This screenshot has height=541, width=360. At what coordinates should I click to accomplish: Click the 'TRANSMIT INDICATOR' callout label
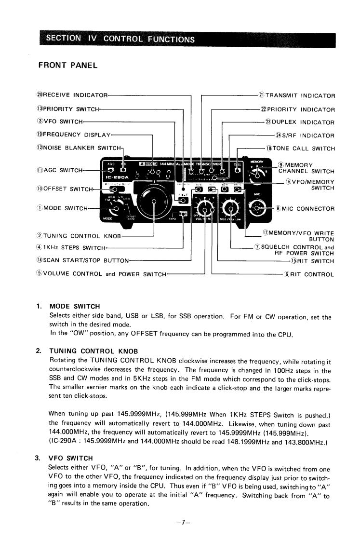tap(297, 96)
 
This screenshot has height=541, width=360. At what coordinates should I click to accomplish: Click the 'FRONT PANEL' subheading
tap(67, 65)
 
